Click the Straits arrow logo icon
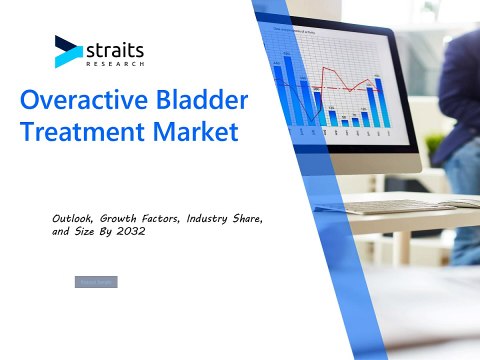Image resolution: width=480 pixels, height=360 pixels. (68, 50)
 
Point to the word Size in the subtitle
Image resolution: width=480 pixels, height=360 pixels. (90, 231)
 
